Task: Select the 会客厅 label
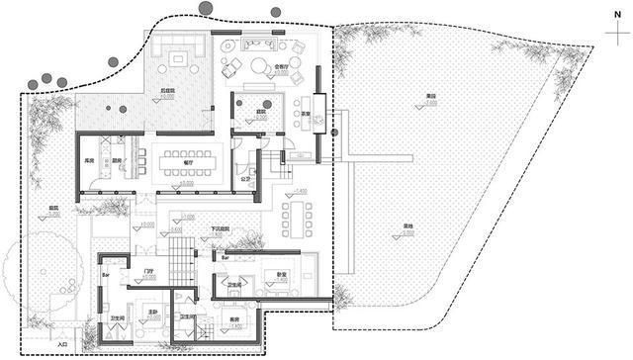click(280, 66)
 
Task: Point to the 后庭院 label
click(169, 91)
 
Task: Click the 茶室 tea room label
click(308, 114)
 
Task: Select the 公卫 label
click(245, 179)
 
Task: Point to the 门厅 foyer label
click(149, 271)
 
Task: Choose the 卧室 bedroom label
click(281, 274)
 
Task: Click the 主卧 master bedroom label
click(153, 312)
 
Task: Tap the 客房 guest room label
click(235, 318)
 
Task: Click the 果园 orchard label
click(430, 95)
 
